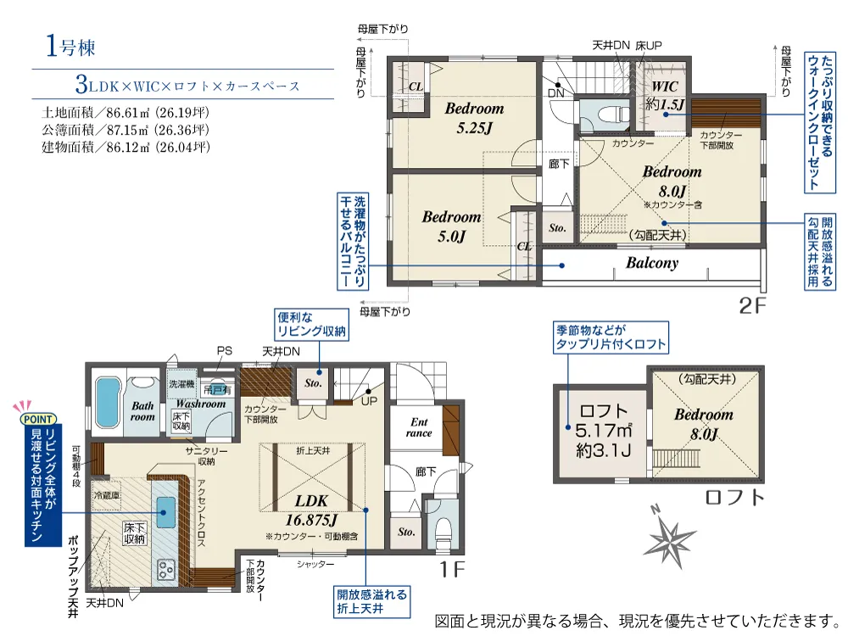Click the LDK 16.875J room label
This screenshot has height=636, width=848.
pos(311,510)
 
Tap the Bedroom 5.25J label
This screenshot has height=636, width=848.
pos(474,118)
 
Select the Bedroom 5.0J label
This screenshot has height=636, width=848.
pos(452,226)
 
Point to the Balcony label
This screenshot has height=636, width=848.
pos(651,263)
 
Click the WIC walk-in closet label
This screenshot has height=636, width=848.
pos(665,95)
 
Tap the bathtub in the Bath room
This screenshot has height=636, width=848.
pos(108,403)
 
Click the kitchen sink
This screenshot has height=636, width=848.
pos(165,510)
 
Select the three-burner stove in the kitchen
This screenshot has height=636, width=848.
pos(165,569)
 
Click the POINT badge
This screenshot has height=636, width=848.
pos(38,419)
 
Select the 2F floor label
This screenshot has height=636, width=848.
pos(752,306)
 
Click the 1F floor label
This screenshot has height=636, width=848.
pos(451,568)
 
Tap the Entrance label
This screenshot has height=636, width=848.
pos(419,427)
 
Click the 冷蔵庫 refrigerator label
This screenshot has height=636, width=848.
pos(107,495)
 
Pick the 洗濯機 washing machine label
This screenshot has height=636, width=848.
pos(181,384)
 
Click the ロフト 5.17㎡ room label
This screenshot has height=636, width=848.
pos(602,431)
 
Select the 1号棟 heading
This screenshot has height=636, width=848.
pos(71,46)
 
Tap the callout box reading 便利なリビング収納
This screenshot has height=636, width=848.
pos(311,324)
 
